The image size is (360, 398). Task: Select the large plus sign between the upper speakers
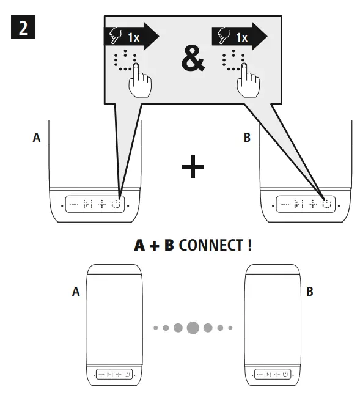click(193, 167)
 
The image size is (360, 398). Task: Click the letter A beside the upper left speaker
click(36, 138)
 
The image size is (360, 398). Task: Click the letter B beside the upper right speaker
click(247, 138)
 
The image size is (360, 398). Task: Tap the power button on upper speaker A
click(117, 204)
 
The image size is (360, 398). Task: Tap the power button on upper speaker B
click(328, 204)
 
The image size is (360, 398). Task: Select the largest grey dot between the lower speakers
click(193, 328)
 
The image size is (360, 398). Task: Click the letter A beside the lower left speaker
click(76, 292)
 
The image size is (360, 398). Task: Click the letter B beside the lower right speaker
click(310, 292)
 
